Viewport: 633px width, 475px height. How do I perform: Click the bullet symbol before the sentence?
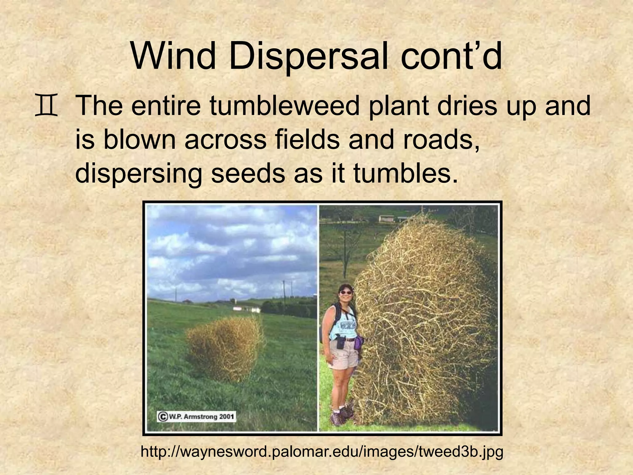(46, 107)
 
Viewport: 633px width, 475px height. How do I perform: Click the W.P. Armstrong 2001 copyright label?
(197, 417)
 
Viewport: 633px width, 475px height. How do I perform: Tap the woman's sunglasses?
(345, 292)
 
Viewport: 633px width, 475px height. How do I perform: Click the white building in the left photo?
(246, 309)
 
